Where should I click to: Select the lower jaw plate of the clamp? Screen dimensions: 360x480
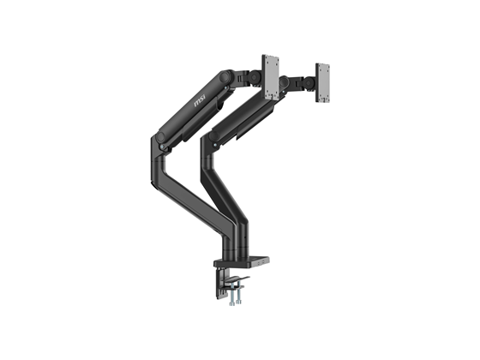tap(233, 283)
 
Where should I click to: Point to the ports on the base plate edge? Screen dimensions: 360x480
tap(263, 263)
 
